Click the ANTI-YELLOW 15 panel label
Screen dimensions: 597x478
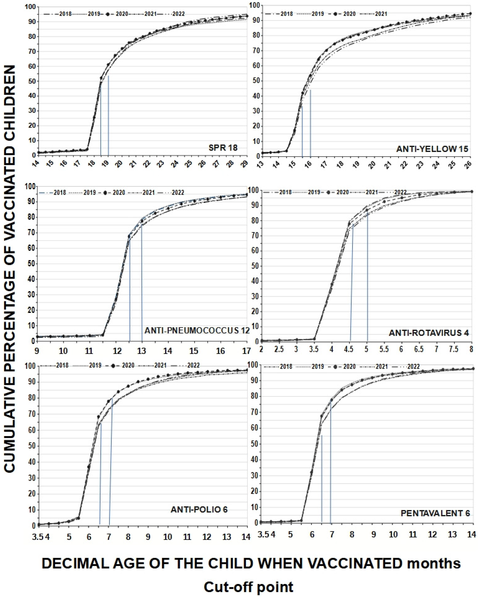432,149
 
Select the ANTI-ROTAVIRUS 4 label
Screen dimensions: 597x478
429,333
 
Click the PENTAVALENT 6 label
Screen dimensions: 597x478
435,513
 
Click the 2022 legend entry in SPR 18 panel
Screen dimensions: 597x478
178,14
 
